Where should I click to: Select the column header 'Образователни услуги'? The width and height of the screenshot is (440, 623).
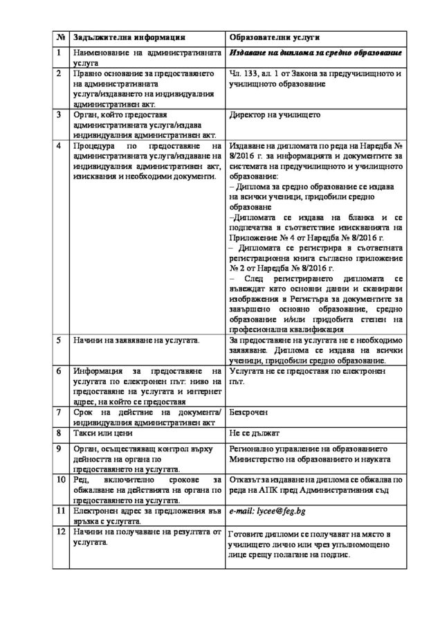click(273, 37)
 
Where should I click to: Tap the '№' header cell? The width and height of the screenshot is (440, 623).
click(60, 37)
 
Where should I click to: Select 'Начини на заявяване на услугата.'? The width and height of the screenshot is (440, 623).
click(136, 341)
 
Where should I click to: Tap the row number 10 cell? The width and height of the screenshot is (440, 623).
click(61, 479)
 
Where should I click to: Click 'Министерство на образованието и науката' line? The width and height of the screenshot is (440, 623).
click(310, 459)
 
